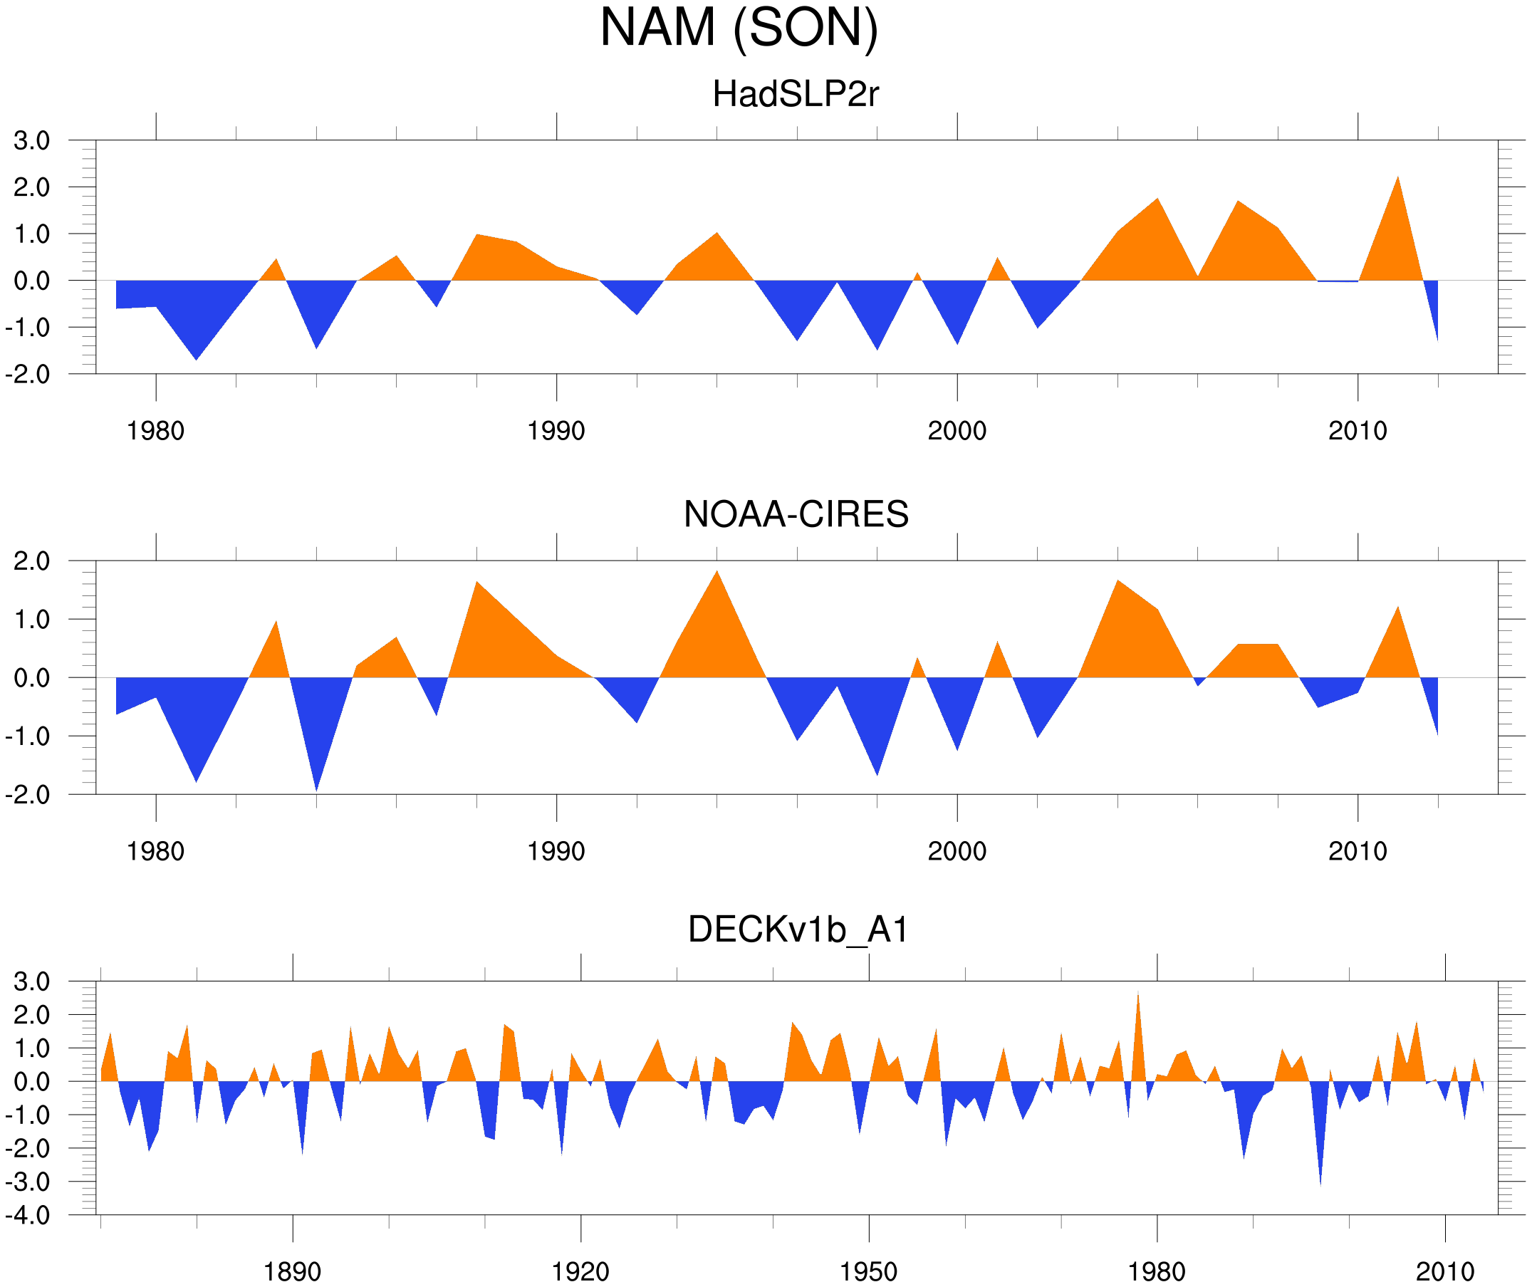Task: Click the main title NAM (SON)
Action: (x=739, y=28)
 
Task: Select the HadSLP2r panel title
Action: (x=795, y=94)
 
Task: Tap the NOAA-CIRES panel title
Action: (x=796, y=514)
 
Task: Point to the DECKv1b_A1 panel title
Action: (x=798, y=930)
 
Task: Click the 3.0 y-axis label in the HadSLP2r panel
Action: (x=31, y=141)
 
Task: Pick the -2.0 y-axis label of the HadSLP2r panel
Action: (x=28, y=375)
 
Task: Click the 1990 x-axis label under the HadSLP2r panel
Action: (x=556, y=431)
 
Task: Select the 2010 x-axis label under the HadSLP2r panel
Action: (x=1358, y=431)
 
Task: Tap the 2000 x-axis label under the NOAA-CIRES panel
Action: (x=957, y=851)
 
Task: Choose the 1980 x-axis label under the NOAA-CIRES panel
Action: (x=155, y=851)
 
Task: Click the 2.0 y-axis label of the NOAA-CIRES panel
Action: (x=31, y=562)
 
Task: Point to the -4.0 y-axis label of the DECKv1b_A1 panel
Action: (x=28, y=1216)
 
